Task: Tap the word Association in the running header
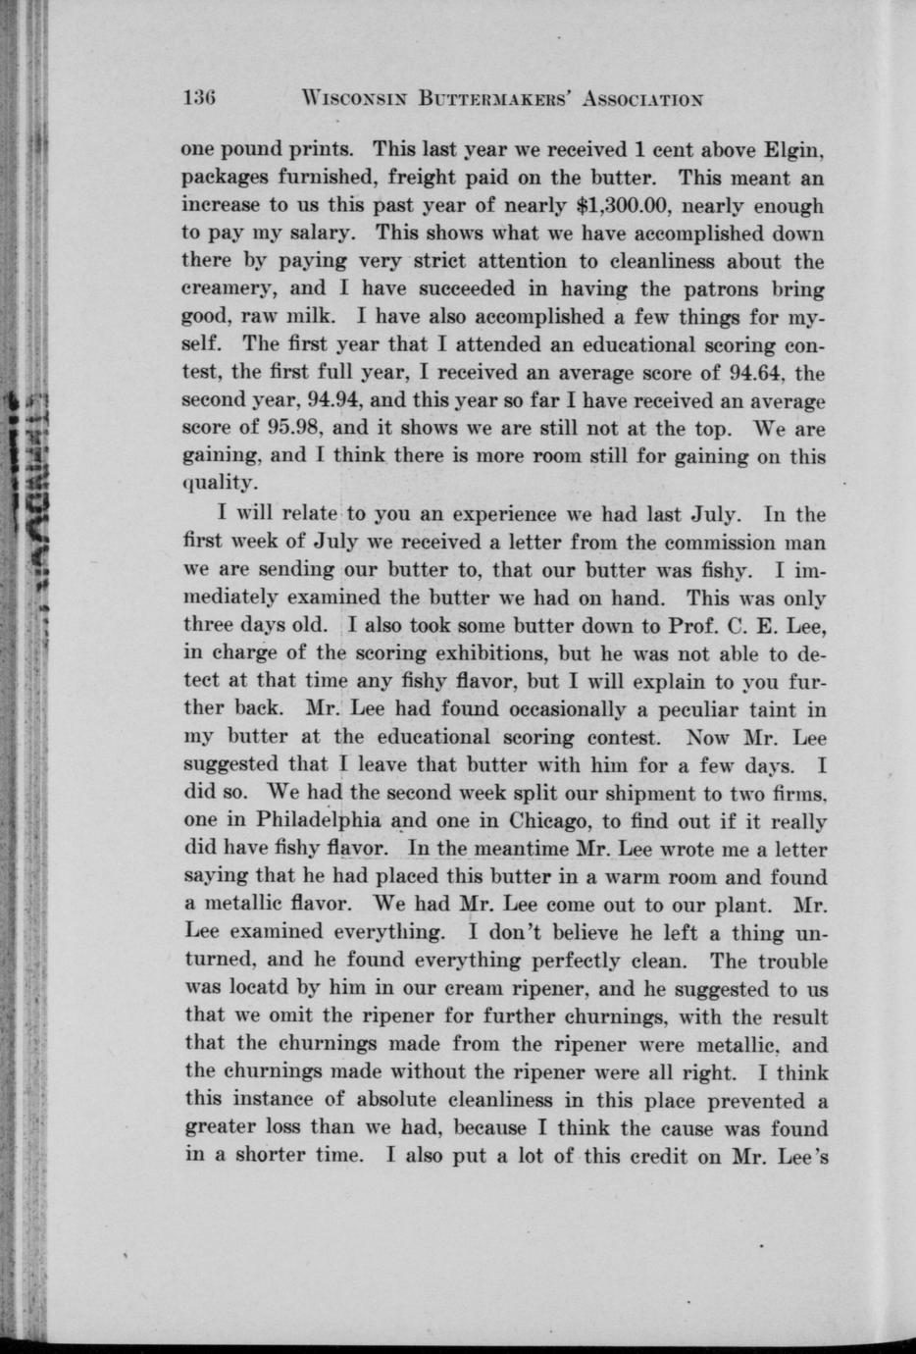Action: [x=641, y=98]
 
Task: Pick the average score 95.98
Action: [x=286, y=429]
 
